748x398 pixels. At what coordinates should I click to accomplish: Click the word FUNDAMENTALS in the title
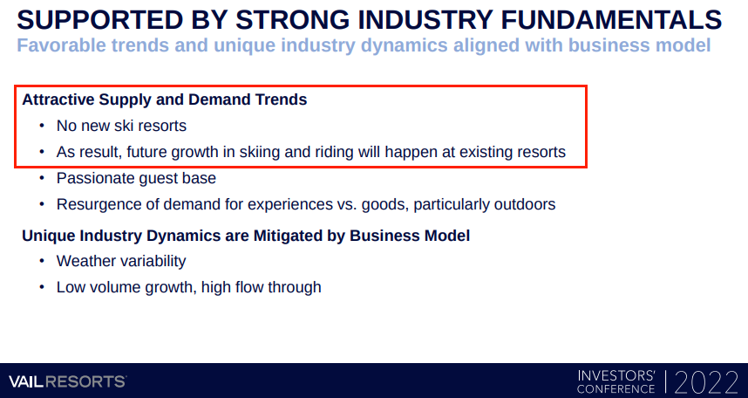tap(611, 20)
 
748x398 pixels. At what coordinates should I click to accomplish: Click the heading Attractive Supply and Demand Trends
tap(165, 99)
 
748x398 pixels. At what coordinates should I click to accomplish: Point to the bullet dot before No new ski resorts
tap(42, 126)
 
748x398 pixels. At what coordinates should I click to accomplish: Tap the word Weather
tap(82, 261)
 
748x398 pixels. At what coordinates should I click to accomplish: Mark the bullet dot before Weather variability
tap(42, 261)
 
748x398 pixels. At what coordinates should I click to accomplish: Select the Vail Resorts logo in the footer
tap(68, 381)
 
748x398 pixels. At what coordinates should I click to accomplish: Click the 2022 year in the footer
tap(706, 382)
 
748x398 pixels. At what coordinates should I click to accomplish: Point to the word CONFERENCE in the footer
tap(615, 389)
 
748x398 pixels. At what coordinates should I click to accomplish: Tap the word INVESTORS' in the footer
tap(616, 375)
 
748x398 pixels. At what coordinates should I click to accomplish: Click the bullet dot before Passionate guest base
tap(42, 178)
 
